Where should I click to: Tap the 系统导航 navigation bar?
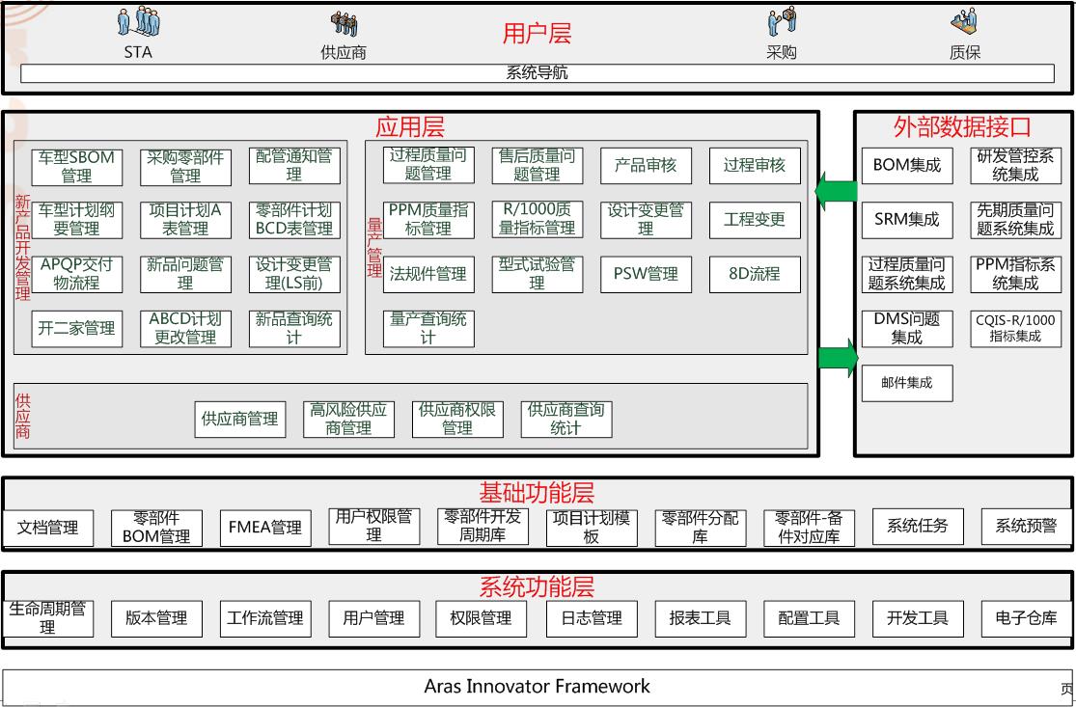(x=537, y=73)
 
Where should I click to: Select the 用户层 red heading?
(x=537, y=34)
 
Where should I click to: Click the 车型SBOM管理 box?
(x=77, y=167)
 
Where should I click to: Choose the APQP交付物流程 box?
(x=77, y=274)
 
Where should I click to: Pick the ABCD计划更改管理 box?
(x=185, y=328)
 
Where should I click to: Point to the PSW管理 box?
(x=646, y=274)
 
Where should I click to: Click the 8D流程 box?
(x=755, y=274)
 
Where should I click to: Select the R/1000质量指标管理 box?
(x=538, y=220)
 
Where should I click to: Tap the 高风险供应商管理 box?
(x=348, y=419)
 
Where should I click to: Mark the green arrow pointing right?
(x=837, y=358)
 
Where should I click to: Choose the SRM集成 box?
(x=906, y=220)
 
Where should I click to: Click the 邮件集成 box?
(x=906, y=383)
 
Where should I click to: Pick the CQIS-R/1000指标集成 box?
(x=1015, y=328)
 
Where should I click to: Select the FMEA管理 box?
(x=265, y=528)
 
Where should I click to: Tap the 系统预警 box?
(x=1026, y=527)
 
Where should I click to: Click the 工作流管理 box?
(x=265, y=618)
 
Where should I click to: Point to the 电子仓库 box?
(x=1026, y=618)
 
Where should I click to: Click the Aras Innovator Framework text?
(x=537, y=687)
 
